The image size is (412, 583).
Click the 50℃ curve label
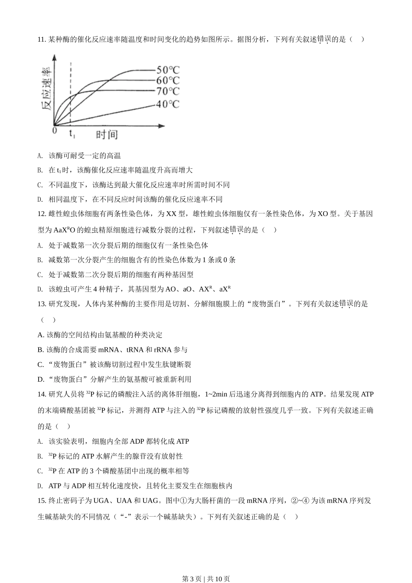[168, 70]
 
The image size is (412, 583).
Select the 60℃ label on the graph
[168, 80]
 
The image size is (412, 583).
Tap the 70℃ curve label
[168, 91]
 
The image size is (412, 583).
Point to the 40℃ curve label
[168, 104]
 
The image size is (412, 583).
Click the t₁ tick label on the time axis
[72, 134]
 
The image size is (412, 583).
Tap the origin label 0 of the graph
[55, 130]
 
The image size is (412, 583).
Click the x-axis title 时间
[107, 134]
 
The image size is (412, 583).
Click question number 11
[42, 39]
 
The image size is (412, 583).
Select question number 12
[42, 214]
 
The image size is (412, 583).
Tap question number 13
[42, 304]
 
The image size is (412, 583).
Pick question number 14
[42, 394]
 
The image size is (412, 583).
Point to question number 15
[42, 501]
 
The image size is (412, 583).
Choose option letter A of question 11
[40, 156]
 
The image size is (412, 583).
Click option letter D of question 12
[40, 289]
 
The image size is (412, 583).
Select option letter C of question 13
[40, 364]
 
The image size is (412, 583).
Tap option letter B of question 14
[40, 456]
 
